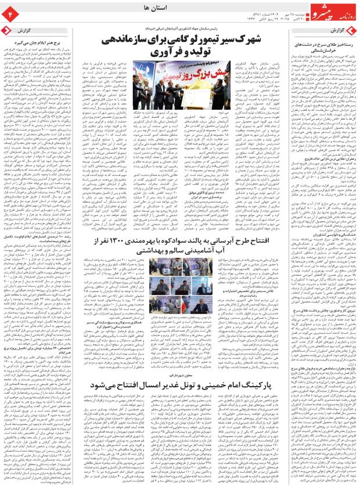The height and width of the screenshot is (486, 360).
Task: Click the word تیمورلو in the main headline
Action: (217, 42)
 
